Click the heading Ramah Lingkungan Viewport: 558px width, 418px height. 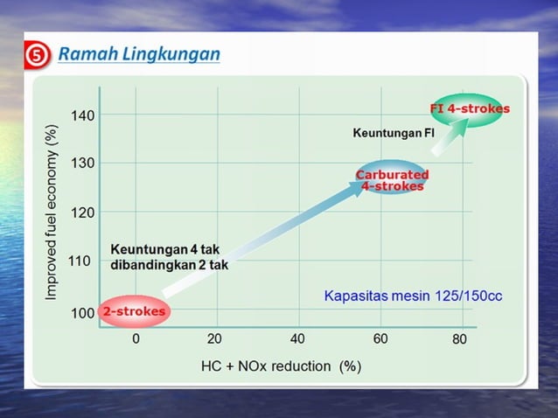pyautogui.click(x=139, y=55)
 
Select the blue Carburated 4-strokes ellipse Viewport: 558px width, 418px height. pyautogui.click(x=392, y=179)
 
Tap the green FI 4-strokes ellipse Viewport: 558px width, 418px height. pyautogui.click(x=469, y=109)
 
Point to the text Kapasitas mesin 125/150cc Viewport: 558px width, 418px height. pyautogui.click(x=413, y=296)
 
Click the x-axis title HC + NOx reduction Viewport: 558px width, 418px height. pyautogui.click(x=281, y=366)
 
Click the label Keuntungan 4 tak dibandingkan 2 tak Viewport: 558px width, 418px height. pyautogui.click(x=169, y=257)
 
